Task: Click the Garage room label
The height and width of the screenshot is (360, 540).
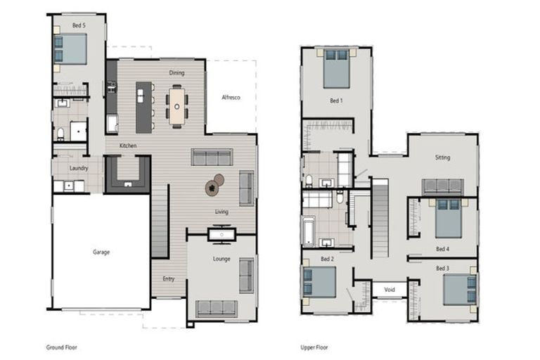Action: [101, 252]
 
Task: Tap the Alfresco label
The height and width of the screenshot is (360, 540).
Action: [231, 98]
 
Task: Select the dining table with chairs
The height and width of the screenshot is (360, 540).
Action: [176, 105]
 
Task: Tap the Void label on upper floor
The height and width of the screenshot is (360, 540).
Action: [389, 289]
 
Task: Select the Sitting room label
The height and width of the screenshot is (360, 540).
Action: [442, 157]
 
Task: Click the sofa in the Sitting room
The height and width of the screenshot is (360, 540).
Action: [442, 186]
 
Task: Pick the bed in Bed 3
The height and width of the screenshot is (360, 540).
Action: [460, 289]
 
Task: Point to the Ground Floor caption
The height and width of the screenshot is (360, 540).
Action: [62, 347]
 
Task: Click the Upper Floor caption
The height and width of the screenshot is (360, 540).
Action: [314, 347]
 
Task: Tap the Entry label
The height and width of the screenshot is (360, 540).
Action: [169, 279]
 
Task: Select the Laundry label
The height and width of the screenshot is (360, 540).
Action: [78, 168]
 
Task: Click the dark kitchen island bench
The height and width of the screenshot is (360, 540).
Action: [143, 107]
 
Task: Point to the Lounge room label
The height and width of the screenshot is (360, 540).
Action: [221, 259]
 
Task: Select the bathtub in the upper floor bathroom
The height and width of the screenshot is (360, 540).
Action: [310, 231]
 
